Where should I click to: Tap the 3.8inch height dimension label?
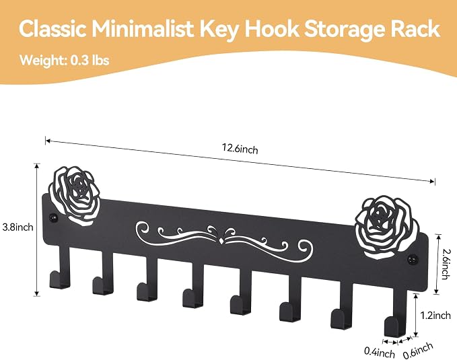coord(17,227)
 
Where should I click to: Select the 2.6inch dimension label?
coord(444,264)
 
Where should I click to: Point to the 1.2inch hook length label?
coord(435,315)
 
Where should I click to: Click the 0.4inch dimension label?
coord(380,352)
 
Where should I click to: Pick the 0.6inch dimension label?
coord(418,351)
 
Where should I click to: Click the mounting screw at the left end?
coord(52,217)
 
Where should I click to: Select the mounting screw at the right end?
coord(412,258)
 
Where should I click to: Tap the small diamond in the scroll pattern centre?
coord(222,241)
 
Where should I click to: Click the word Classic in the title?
coord(52,29)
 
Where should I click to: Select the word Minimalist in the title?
coord(143,29)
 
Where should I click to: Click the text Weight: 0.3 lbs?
coord(65,61)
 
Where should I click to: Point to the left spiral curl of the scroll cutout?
coord(144,228)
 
